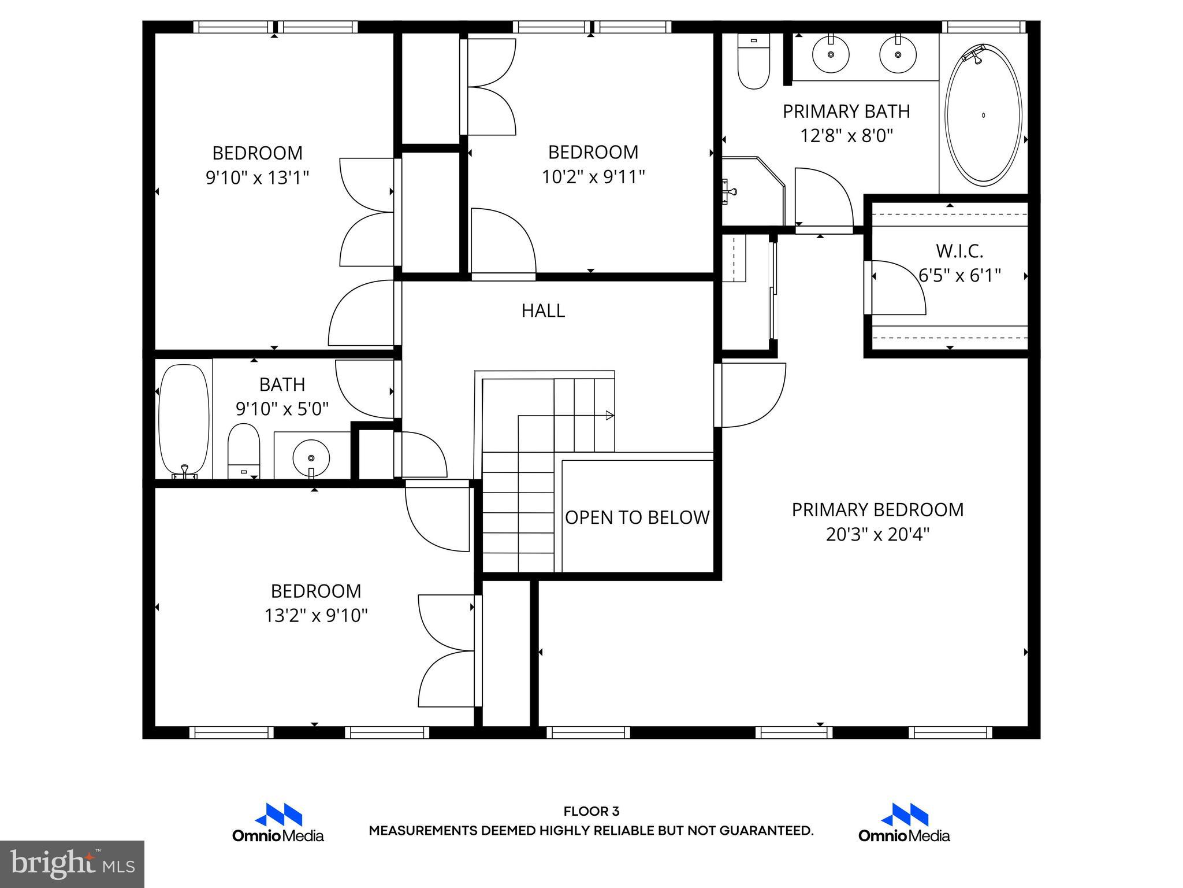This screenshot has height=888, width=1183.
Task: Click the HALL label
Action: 543,311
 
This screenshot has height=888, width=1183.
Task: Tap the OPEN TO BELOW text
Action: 637,517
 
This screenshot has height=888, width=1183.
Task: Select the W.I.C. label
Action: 959,251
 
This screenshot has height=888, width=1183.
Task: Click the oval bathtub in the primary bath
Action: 983,116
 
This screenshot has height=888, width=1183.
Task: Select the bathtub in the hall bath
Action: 184,419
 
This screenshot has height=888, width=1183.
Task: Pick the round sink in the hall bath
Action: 311,457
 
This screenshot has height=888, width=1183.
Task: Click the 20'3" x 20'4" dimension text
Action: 877,535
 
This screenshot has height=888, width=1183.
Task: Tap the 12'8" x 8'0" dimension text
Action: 846,136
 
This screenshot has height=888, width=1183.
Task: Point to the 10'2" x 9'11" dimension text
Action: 593,177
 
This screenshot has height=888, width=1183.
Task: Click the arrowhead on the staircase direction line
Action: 609,415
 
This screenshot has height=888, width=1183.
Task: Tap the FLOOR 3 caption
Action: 591,812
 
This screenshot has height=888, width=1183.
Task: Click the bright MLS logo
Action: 72,864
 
